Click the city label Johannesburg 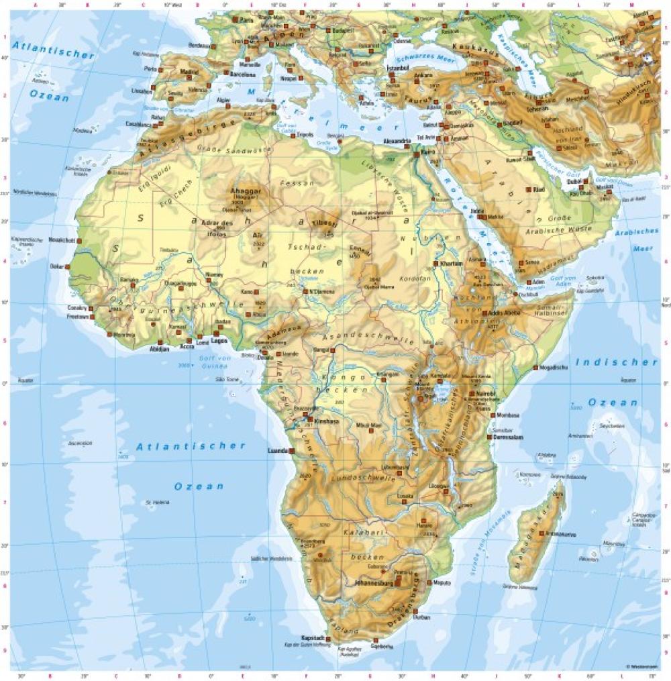[368, 583]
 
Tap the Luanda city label [278, 450]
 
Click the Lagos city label [219, 339]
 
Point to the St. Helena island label [156, 502]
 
